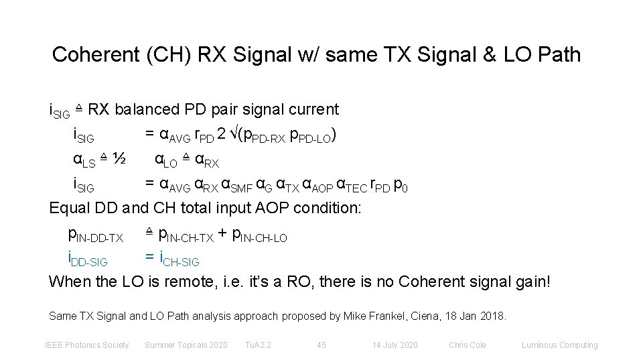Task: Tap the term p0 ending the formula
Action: point(399,185)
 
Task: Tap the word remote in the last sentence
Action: point(198,281)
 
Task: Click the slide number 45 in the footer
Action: point(321,345)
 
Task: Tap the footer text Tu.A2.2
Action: point(258,345)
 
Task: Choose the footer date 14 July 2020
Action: point(395,345)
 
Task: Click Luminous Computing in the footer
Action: point(559,345)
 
